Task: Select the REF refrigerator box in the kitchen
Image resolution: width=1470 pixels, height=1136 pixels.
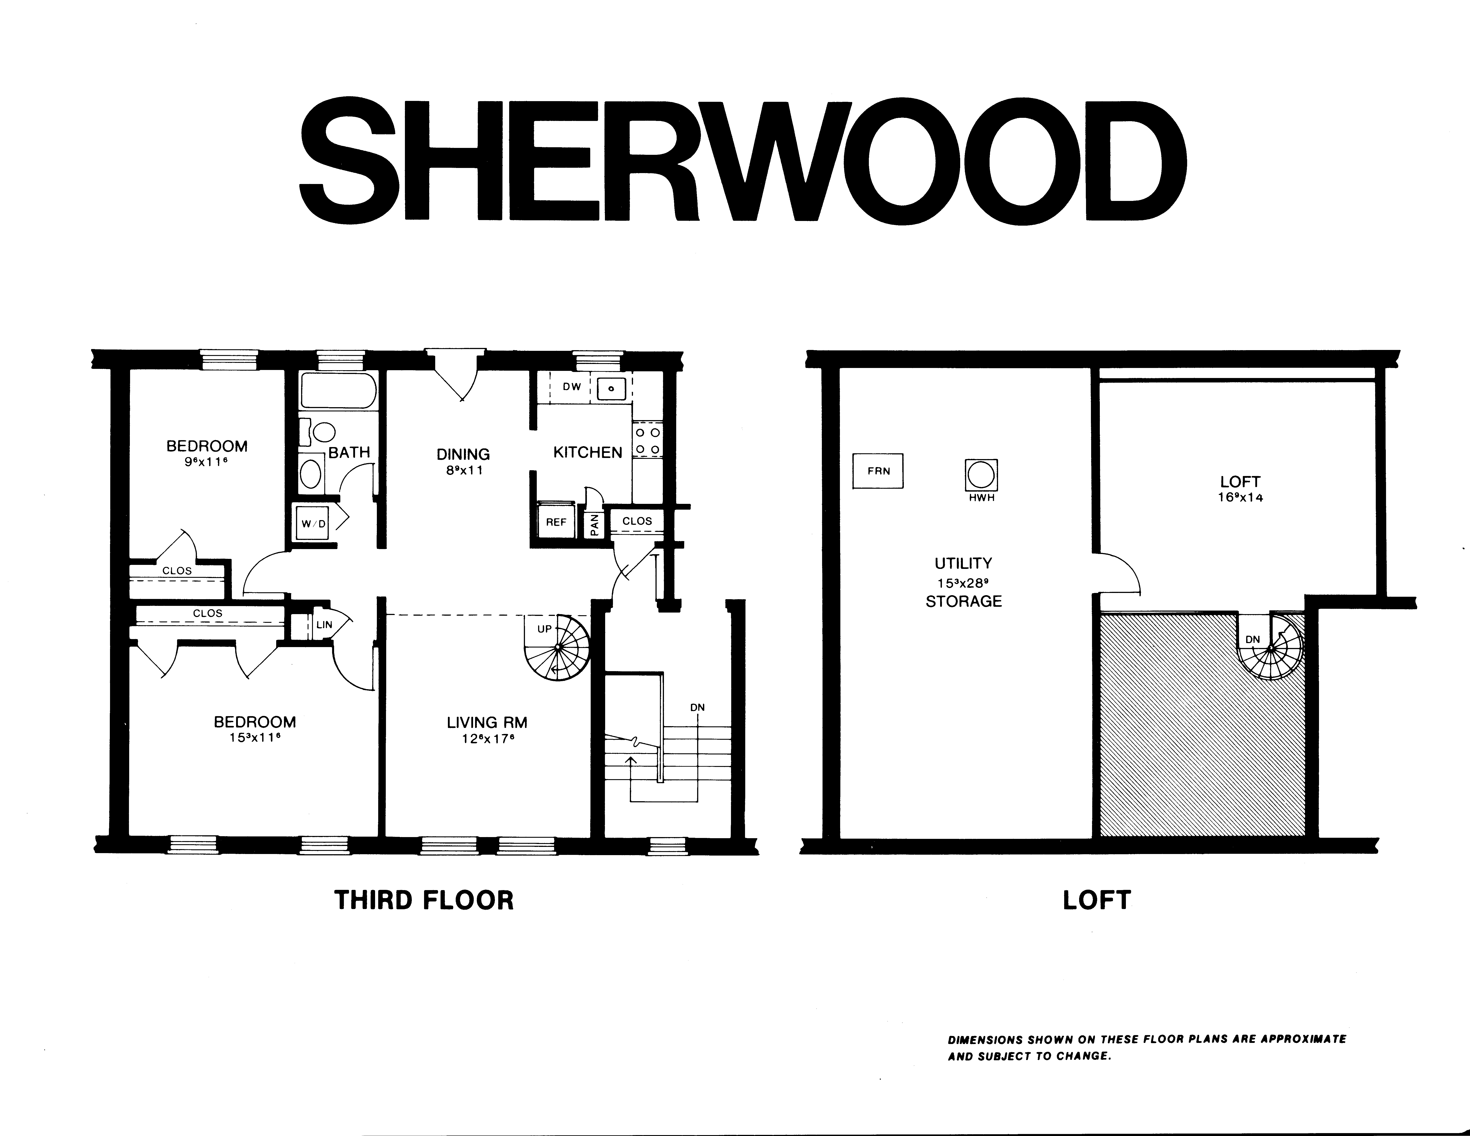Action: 556,522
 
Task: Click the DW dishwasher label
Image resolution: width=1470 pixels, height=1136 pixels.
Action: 572,387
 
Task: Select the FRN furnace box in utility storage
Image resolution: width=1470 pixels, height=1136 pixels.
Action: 878,470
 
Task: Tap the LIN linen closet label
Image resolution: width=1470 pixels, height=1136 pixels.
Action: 325,625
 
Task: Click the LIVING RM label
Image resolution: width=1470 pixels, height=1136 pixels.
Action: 487,722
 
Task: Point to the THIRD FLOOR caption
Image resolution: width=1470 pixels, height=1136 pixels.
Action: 424,900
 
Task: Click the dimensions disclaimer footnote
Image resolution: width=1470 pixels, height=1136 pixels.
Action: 1147,1047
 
